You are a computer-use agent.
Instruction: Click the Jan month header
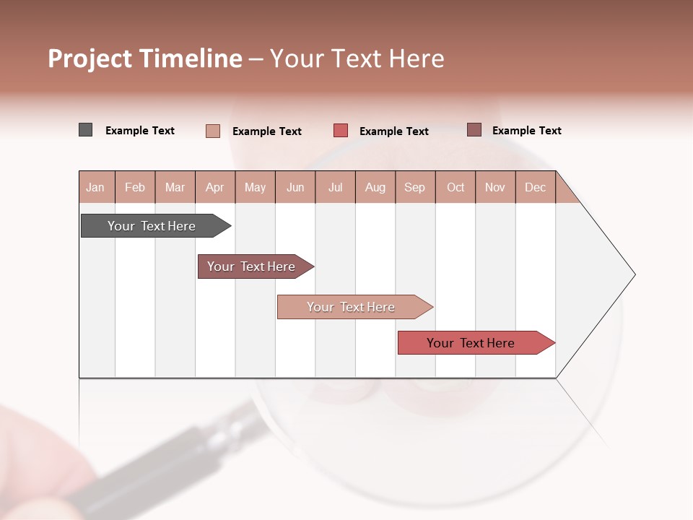click(x=95, y=187)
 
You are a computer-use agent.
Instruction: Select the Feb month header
click(x=135, y=187)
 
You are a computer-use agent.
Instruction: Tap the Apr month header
click(x=214, y=187)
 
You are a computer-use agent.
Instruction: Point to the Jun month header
click(x=295, y=187)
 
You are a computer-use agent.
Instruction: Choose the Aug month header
click(x=375, y=187)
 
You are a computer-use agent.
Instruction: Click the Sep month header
click(x=414, y=187)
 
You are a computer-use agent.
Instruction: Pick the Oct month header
click(x=456, y=187)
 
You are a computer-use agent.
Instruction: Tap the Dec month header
click(x=535, y=187)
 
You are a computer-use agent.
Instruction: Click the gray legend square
click(x=85, y=130)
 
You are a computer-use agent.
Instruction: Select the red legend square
click(x=341, y=131)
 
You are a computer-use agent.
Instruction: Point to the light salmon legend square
click(x=212, y=131)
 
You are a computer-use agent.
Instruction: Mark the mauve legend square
click(x=474, y=130)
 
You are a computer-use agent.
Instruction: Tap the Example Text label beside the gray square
click(x=140, y=131)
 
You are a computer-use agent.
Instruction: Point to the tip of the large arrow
click(x=633, y=274)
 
